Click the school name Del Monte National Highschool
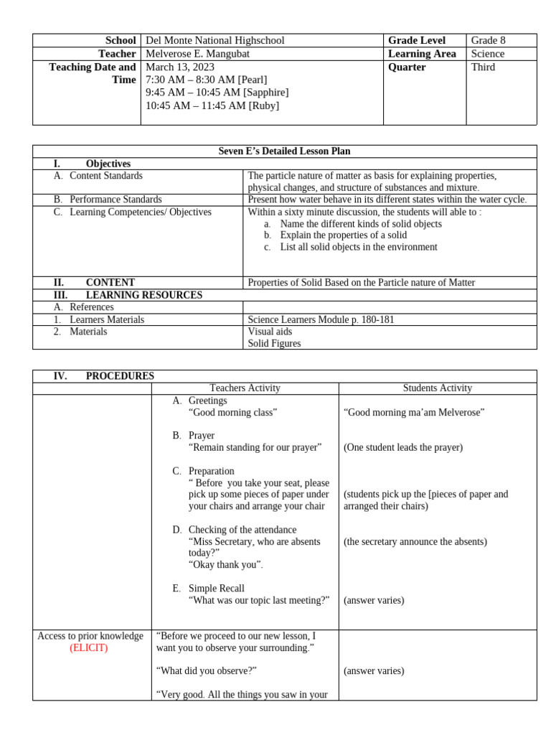point(215,41)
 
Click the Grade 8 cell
point(488,41)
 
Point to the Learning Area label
point(416,54)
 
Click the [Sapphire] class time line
point(217,93)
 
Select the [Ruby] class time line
point(212,106)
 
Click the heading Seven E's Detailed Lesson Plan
point(284,151)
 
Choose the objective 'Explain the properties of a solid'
point(343,235)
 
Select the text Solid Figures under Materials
point(274,344)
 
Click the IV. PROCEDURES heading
point(103,376)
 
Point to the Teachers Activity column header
point(245,388)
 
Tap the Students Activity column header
point(437,388)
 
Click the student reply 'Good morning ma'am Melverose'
point(414,412)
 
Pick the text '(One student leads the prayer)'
point(402,447)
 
